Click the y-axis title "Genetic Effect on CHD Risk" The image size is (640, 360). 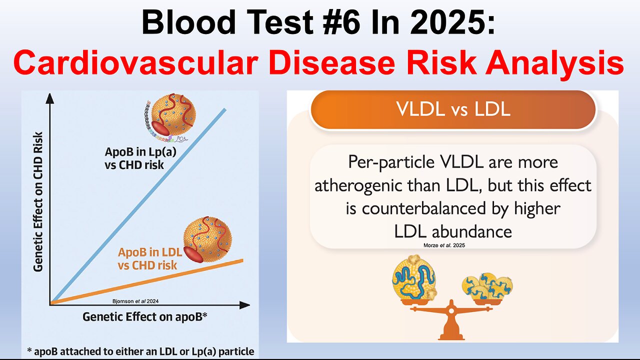pyautogui.click(x=38, y=201)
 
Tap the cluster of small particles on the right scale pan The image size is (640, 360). pyautogui.click(x=486, y=287)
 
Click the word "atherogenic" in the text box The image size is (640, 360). pyautogui.click(x=350, y=185)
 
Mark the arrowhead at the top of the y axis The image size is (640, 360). pyautogui.click(x=49, y=99)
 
